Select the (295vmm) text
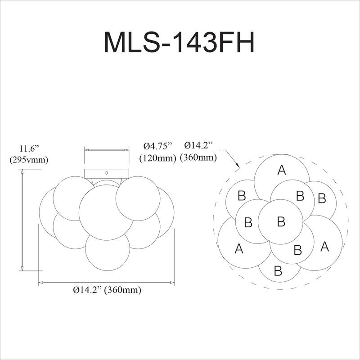click(x=29, y=159)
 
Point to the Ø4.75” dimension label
click(x=158, y=146)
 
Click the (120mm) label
click(x=157, y=158)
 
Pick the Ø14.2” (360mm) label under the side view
click(x=107, y=290)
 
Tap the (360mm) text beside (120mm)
click(x=198, y=158)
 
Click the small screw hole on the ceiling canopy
click(x=107, y=172)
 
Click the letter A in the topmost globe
click(x=282, y=170)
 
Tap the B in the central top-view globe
click(x=281, y=221)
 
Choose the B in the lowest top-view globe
click(x=278, y=271)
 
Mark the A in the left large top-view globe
click(x=239, y=248)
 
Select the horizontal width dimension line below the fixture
click(x=107, y=282)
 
